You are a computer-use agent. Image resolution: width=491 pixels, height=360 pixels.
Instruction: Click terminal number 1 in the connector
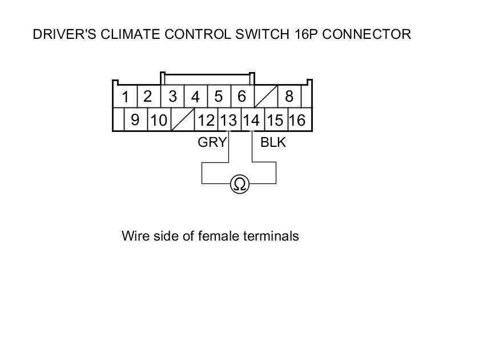pyautogui.click(x=126, y=97)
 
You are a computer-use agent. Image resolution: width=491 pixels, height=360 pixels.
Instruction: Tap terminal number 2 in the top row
pyautogui.click(x=148, y=96)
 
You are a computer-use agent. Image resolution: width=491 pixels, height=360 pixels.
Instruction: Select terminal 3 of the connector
pyautogui.click(x=172, y=96)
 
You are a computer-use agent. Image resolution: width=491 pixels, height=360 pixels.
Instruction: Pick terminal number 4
pyautogui.click(x=195, y=97)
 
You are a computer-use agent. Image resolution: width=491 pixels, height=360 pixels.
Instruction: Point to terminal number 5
pyautogui.click(x=218, y=96)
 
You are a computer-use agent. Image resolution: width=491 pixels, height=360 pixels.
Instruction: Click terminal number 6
pyautogui.click(x=241, y=96)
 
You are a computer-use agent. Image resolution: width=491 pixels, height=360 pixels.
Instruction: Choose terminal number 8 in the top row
pyautogui.click(x=289, y=96)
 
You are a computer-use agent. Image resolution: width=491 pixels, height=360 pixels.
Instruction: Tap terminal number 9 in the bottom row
pyautogui.click(x=135, y=120)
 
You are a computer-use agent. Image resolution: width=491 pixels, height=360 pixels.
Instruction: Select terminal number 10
pyautogui.click(x=159, y=121)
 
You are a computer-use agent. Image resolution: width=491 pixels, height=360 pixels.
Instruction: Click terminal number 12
pyautogui.click(x=206, y=121)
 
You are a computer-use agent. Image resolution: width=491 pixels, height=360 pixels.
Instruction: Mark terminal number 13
pyautogui.click(x=229, y=121)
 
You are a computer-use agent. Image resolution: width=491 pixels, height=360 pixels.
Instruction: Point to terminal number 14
pyautogui.click(x=251, y=121)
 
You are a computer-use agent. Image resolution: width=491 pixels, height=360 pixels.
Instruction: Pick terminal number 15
pyautogui.click(x=275, y=121)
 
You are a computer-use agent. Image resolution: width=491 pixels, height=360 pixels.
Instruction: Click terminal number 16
pyautogui.click(x=297, y=121)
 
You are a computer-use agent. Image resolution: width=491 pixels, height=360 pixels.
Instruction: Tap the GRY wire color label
pyautogui.click(x=212, y=143)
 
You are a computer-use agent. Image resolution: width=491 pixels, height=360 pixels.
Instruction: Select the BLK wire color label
pyautogui.click(x=273, y=143)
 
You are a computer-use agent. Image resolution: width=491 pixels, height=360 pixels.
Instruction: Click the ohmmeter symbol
pyautogui.click(x=240, y=184)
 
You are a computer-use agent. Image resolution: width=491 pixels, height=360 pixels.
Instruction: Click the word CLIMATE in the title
pyautogui.click(x=131, y=34)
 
